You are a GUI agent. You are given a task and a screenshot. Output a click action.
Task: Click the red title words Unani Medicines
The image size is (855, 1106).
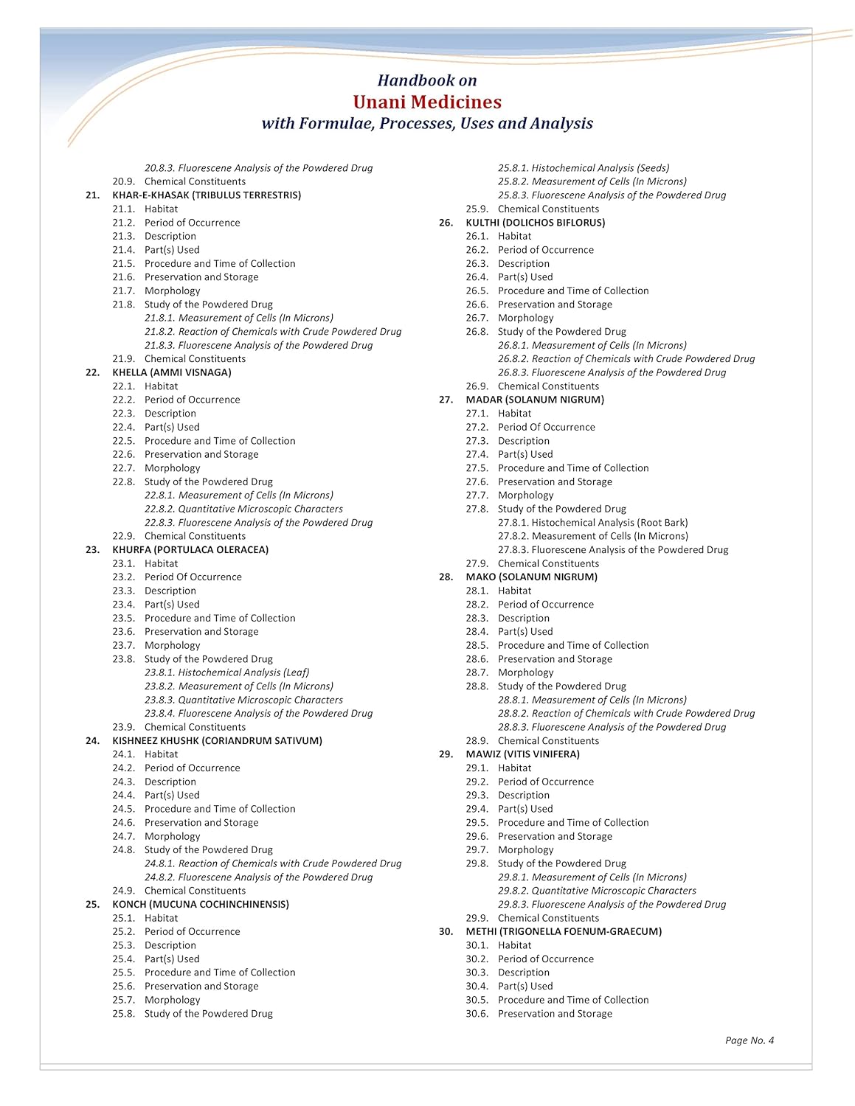[427, 102]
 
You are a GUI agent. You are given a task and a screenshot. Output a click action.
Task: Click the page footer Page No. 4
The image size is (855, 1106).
[749, 1040]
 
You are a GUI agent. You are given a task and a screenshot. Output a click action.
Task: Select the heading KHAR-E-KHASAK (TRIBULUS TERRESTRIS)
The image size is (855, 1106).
[207, 195]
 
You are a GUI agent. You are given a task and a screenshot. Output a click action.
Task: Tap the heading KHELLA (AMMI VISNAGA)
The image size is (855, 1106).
[172, 372]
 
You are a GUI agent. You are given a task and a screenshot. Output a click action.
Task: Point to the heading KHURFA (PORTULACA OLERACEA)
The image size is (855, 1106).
[190, 550]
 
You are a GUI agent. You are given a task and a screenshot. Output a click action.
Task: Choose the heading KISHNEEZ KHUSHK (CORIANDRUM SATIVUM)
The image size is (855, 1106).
[217, 741]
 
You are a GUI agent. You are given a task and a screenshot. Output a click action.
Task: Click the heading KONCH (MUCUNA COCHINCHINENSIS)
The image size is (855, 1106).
[201, 905]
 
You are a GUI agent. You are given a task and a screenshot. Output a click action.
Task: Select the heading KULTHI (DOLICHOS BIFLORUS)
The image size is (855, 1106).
[535, 223]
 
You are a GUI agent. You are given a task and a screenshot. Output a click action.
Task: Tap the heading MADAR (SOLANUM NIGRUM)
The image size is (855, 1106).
[535, 400]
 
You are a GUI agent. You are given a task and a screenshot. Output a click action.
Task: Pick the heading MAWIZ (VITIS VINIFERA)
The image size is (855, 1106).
[522, 754]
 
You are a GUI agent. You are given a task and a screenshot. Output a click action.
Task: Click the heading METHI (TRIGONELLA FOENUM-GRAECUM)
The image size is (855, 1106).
[564, 932]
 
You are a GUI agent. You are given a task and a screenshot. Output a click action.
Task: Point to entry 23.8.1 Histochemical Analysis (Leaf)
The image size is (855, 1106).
[226, 672]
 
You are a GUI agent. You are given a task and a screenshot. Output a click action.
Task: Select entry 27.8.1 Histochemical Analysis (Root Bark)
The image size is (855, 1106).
[592, 523]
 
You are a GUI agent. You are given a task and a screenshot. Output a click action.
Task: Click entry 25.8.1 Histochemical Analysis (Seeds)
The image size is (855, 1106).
[584, 168]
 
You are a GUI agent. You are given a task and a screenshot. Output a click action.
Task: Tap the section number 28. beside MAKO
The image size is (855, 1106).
[446, 577]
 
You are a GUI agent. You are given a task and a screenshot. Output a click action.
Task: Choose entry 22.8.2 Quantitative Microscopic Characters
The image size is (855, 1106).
[243, 509]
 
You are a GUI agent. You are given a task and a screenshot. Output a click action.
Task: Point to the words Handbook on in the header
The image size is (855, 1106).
[427, 80]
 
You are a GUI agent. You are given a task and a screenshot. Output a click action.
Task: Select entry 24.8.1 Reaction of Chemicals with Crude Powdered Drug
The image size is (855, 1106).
[273, 863]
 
